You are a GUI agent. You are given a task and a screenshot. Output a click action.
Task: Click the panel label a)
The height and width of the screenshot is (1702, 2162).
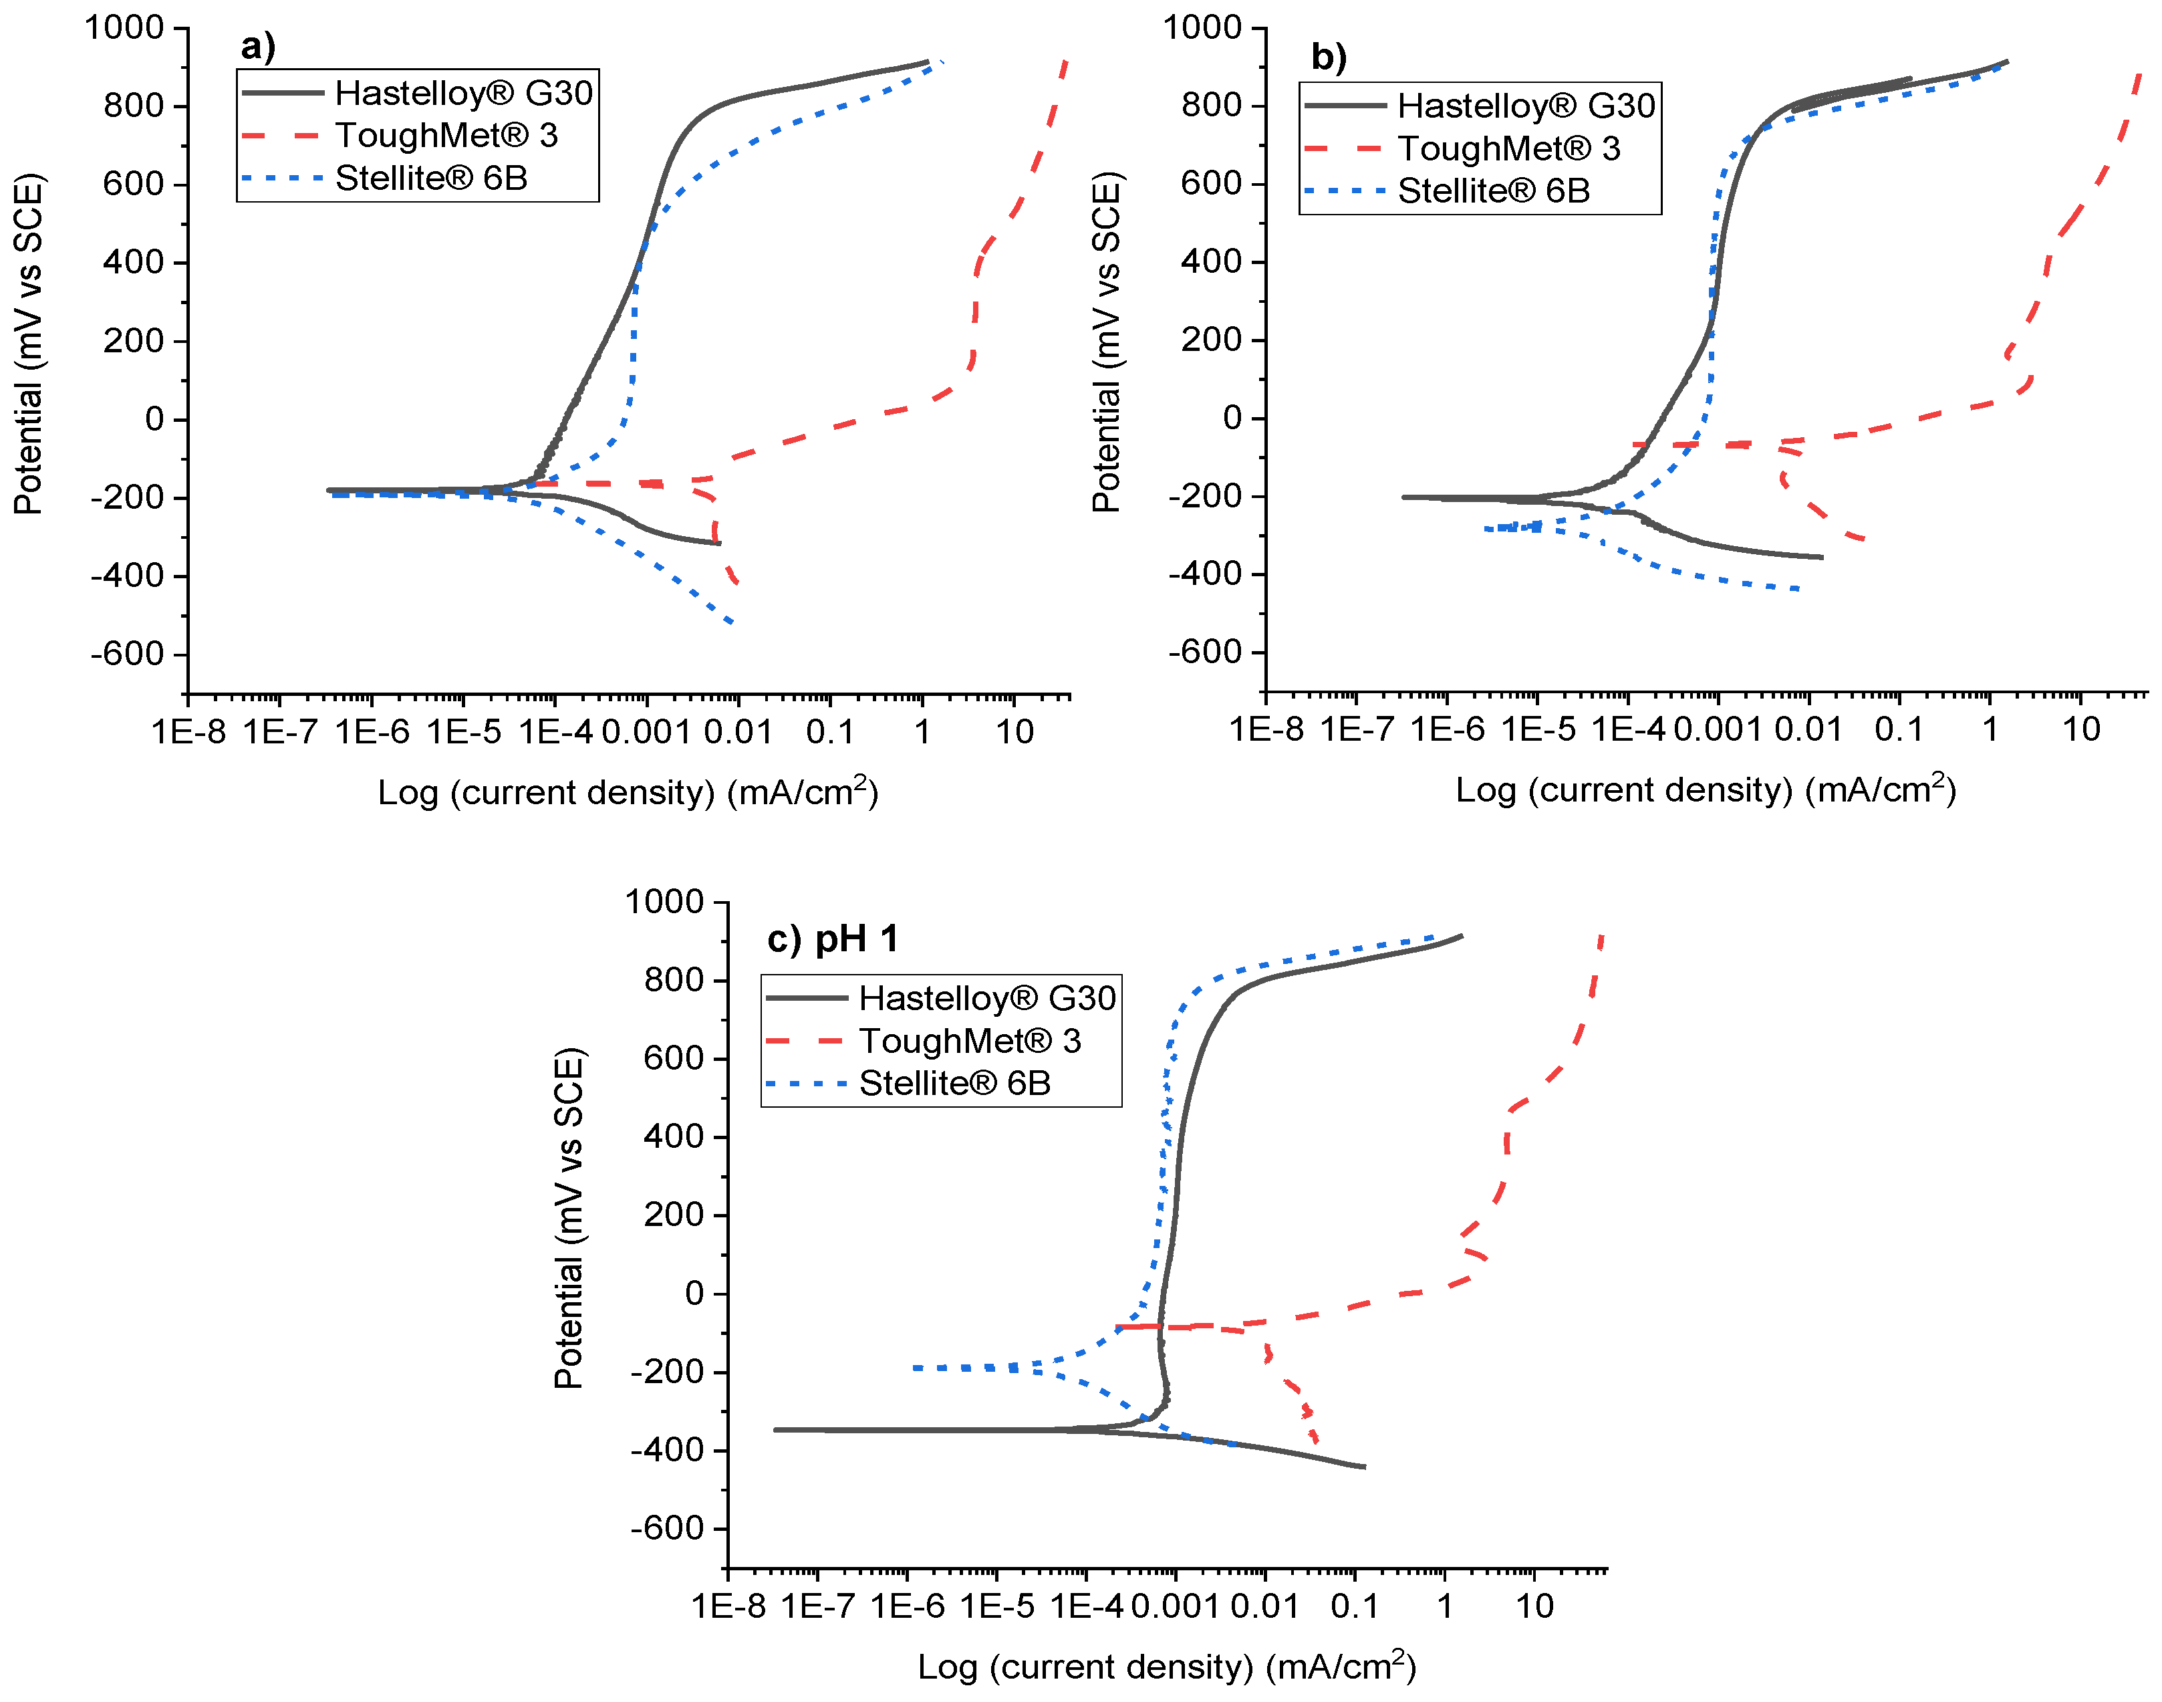(257, 46)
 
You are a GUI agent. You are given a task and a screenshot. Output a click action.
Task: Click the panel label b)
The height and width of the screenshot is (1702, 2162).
(1328, 57)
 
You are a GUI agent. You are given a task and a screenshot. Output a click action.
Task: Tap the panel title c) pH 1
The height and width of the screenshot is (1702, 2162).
(833, 939)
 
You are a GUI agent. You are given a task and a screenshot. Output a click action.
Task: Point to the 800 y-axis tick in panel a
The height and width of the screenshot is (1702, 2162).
(134, 106)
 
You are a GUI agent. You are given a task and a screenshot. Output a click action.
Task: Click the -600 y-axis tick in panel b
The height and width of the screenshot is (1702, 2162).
(1204, 652)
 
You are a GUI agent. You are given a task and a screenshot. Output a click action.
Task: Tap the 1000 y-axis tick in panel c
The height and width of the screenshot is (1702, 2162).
(664, 902)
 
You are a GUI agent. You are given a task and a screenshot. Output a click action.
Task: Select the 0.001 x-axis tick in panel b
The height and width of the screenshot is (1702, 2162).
(1718, 729)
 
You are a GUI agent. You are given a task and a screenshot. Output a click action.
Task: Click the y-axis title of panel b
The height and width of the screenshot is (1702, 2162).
(1106, 342)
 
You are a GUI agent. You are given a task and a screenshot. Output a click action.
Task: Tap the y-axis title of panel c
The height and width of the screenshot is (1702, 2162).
(568, 1218)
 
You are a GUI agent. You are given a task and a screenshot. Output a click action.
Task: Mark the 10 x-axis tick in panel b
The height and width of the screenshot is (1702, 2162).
(2080, 729)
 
